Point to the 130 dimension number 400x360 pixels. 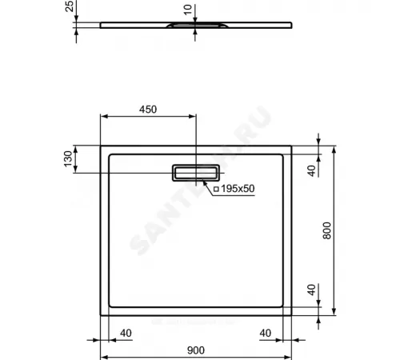pyautogui.click(x=70, y=158)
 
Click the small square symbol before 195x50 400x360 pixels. pyautogui.click(x=215, y=189)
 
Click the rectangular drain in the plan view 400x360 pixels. pyautogui.click(x=196, y=171)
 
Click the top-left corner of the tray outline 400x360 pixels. pyautogui.click(x=100, y=145)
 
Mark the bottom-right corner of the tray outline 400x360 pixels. pyautogui.click(x=293, y=316)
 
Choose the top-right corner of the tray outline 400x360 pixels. pyautogui.click(x=293, y=145)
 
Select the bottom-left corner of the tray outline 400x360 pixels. pyautogui.click(x=100, y=316)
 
